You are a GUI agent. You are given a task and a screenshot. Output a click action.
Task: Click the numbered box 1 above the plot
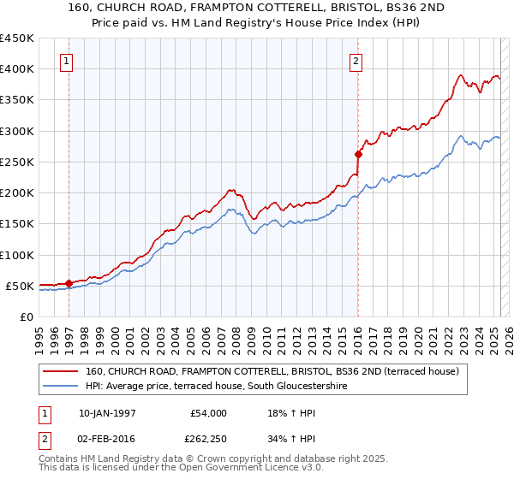point(67,61)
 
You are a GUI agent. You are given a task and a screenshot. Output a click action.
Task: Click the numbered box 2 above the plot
point(355,61)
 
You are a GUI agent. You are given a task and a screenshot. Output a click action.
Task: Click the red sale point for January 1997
point(69,283)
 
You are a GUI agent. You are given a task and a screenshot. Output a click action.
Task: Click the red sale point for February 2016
point(358,154)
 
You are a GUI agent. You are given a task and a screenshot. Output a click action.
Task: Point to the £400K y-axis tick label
point(17,68)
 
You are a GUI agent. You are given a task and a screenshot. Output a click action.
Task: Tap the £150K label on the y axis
point(17,223)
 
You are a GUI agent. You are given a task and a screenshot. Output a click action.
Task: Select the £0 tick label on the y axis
point(27,316)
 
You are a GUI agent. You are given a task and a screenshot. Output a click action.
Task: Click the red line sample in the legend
point(62,371)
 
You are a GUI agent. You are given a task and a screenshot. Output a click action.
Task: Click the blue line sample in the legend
point(62,387)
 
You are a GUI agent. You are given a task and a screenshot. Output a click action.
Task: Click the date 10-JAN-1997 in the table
point(106,413)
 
